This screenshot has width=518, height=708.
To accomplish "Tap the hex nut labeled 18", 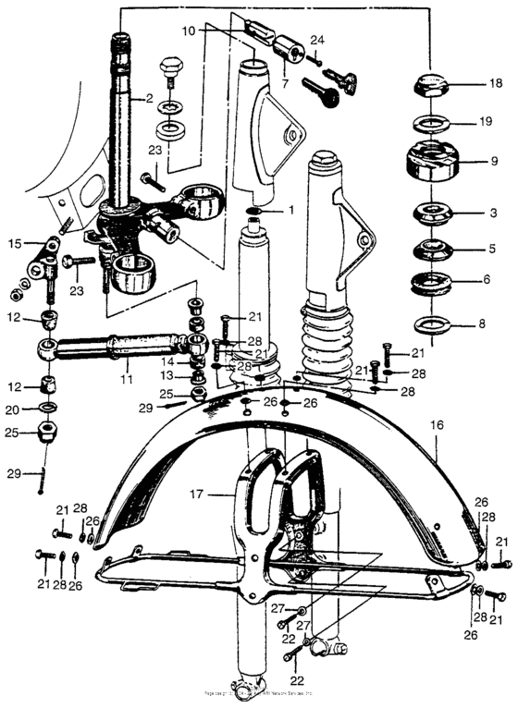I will click(x=432, y=83).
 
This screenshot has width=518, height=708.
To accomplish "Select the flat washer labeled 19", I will click(x=432, y=122).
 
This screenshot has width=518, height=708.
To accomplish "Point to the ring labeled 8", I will click(x=432, y=323).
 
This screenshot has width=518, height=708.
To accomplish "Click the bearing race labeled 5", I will click(x=432, y=249).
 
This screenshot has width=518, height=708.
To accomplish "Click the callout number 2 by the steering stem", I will click(x=148, y=98).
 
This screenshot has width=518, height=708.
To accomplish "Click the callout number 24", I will click(x=317, y=41).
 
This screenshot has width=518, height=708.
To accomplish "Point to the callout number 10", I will click(x=189, y=31).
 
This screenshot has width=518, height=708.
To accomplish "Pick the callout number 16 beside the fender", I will click(x=437, y=425).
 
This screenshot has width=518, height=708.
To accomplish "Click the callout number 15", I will click(x=14, y=244).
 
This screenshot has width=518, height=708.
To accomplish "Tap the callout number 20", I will click(x=14, y=409).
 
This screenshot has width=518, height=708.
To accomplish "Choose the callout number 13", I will click(x=166, y=375).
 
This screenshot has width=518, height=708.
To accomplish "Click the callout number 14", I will click(x=167, y=361).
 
